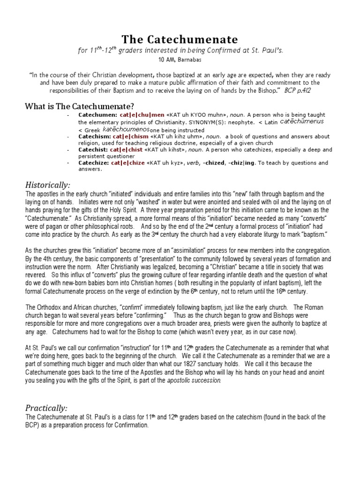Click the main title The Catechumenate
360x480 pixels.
tap(180, 39)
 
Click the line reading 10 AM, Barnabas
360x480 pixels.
tap(180, 60)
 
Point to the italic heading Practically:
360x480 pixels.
tap(46, 407)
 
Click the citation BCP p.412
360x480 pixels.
tap(297, 89)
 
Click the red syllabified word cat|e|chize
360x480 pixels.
tap(128, 163)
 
